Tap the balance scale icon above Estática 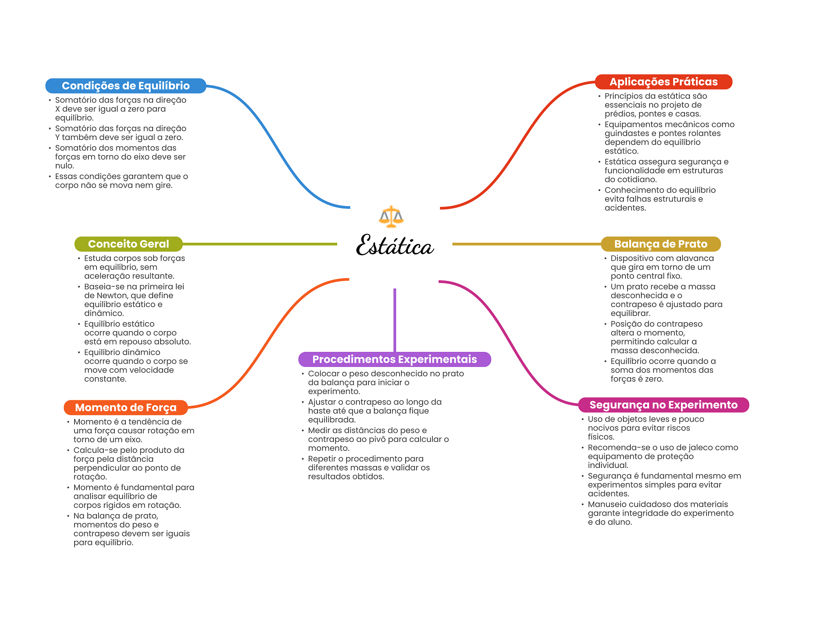point(391,216)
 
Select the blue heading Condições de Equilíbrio point(125,86)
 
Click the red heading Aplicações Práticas point(663,82)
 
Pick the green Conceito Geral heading point(128,244)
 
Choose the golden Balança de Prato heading point(661,244)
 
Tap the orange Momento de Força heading point(125,408)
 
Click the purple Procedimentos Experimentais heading point(394,359)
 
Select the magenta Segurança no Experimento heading point(663,405)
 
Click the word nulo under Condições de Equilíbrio point(64,166)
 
